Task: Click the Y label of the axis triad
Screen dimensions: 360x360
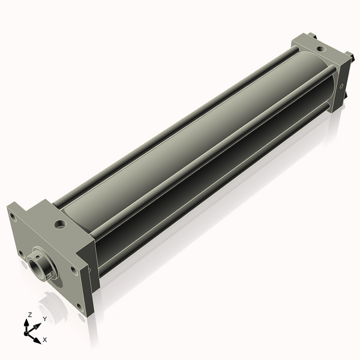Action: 44,319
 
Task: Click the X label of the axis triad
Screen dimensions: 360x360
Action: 44,340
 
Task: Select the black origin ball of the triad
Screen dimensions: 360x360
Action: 28,331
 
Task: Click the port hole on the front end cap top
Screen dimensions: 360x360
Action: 59,225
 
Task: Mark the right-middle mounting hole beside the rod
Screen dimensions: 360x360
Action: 73,269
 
